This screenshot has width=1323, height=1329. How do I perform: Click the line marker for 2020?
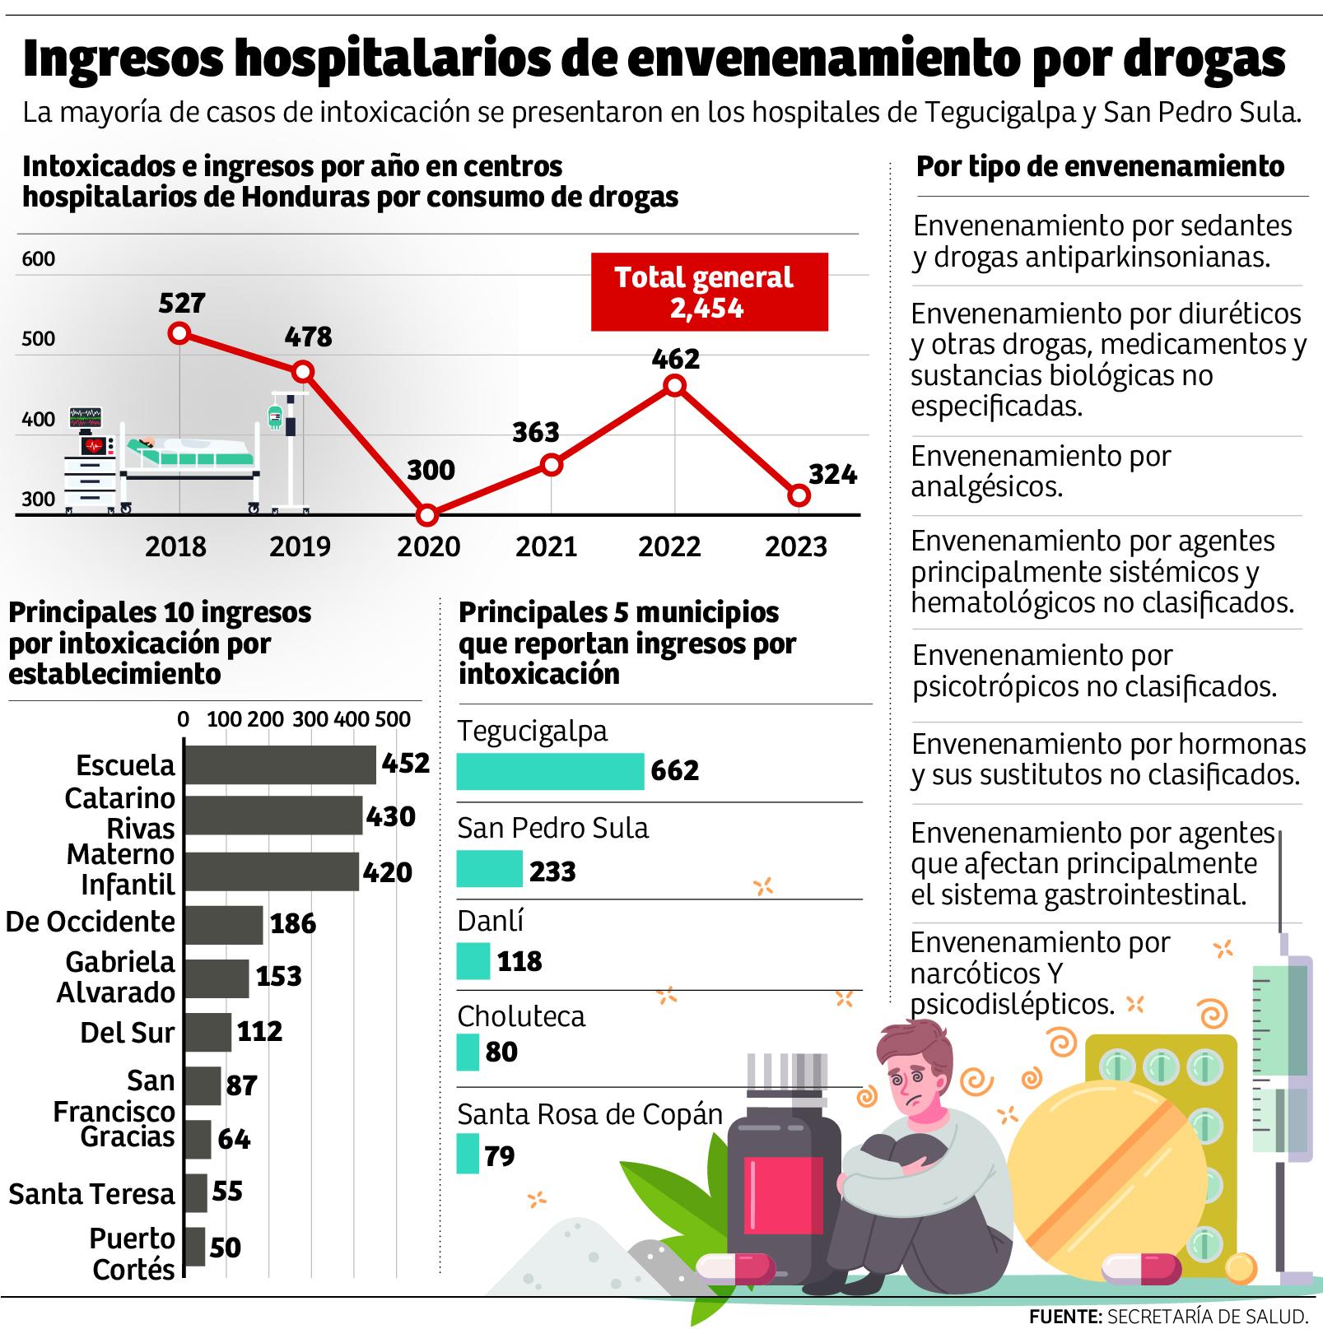click(x=426, y=516)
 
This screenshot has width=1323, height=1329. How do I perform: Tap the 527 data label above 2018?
click(x=181, y=303)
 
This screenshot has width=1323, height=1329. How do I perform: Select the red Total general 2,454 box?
click(x=709, y=292)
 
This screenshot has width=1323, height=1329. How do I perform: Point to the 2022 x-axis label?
click(x=669, y=546)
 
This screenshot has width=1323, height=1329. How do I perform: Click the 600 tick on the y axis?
click(x=38, y=259)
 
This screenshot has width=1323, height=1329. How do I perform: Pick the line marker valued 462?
click(x=674, y=385)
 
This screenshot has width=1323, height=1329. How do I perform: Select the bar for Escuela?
click(x=280, y=764)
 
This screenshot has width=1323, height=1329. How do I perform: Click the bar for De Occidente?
click(x=223, y=925)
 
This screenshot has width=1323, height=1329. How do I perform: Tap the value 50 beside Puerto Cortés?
click(x=225, y=1248)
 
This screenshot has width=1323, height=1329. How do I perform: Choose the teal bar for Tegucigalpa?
click(x=550, y=771)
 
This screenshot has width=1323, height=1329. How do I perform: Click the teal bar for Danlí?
click(x=473, y=960)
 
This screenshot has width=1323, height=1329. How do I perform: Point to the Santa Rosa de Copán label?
click(x=589, y=1114)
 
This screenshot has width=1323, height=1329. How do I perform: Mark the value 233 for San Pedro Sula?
click(x=552, y=871)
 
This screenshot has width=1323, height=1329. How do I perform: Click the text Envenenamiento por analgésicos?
click(x=1040, y=471)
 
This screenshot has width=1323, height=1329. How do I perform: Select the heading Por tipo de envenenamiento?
click(x=1100, y=167)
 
